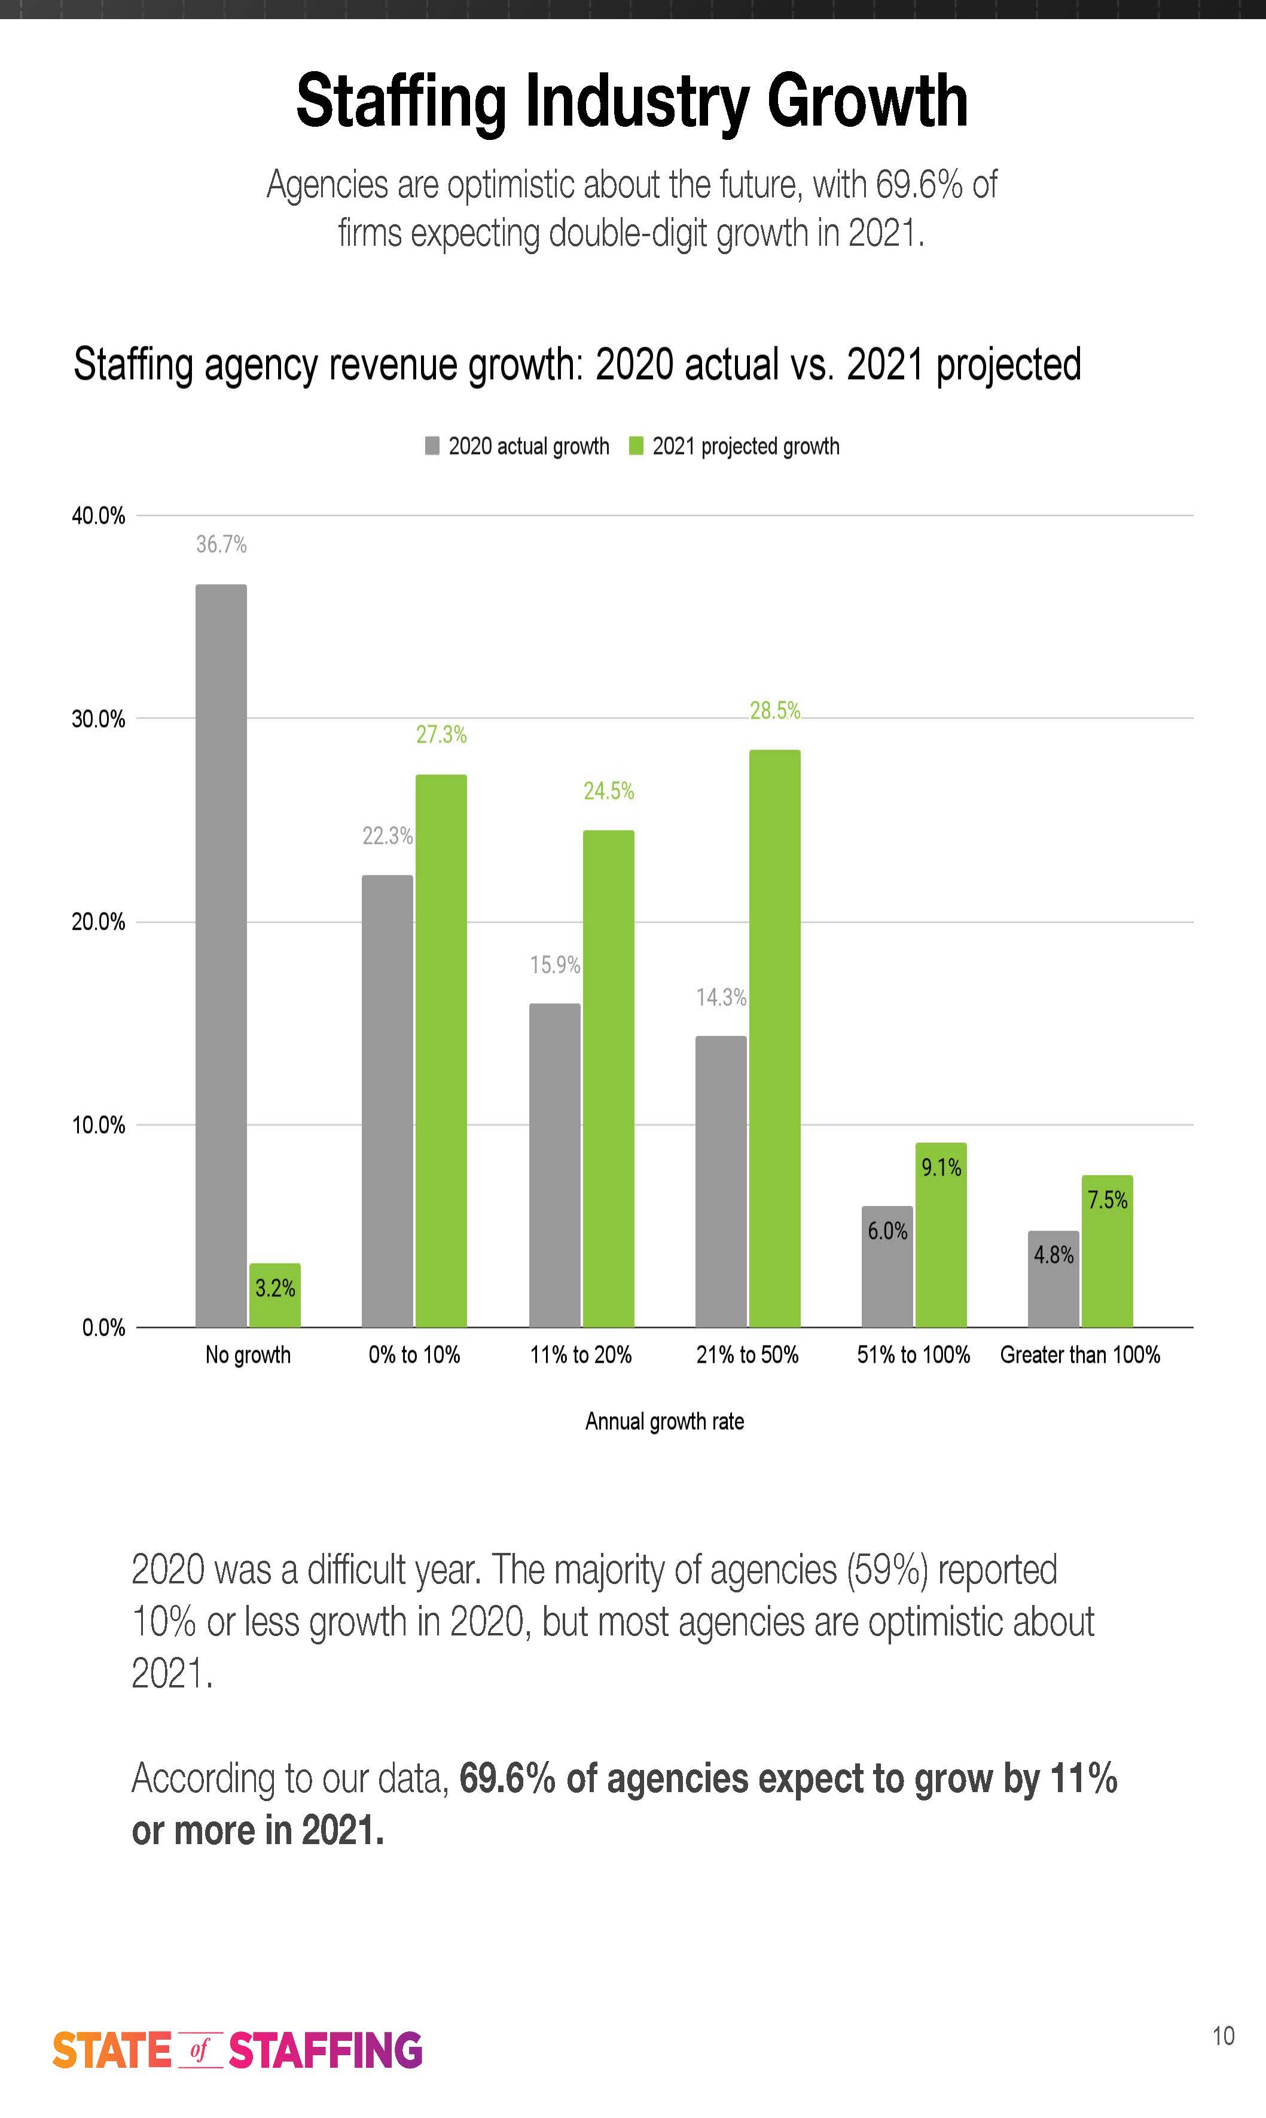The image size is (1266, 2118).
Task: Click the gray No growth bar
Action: pyautogui.click(x=221, y=956)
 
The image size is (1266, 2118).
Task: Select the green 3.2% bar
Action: pyautogui.click(x=274, y=1296)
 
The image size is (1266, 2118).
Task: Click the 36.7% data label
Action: pyautogui.click(x=221, y=544)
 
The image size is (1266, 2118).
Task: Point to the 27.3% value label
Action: pyautogui.click(x=441, y=734)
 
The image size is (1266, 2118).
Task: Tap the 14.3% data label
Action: pyautogui.click(x=721, y=997)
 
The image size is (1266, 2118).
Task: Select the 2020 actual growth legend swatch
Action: pyautogui.click(x=432, y=446)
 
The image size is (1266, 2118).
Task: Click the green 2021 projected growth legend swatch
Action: pyautogui.click(x=636, y=446)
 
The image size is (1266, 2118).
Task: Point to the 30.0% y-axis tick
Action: pyautogui.click(x=98, y=719)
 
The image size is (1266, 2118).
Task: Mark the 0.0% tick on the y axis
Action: pyautogui.click(x=103, y=1327)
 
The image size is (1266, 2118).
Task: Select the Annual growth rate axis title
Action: pyautogui.click(x=664, y=1421)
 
